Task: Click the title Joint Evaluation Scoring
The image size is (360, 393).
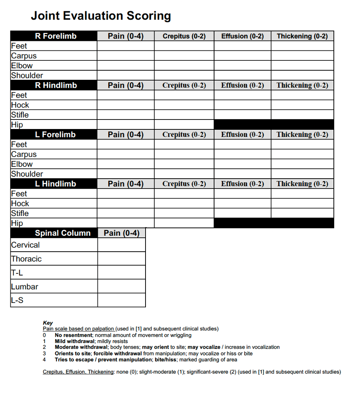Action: pos(101,16)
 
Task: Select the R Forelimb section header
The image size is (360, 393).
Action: pos(56,36)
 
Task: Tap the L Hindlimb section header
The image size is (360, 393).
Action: pos(56,184)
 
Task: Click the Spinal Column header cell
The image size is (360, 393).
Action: pos(63,233)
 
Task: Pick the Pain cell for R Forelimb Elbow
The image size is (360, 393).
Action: pos(126,65)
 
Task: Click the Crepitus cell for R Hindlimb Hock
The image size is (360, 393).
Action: pos(184,105)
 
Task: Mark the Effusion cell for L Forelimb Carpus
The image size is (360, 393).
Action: pos(242,154)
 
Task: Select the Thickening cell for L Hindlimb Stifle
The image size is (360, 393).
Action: pos(302,213)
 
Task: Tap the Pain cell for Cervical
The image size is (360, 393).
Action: pos(121,245)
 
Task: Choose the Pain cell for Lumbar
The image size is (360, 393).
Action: pos(121,286)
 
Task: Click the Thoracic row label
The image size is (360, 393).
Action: pos(26,259)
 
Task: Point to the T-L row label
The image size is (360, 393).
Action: pos(17,273)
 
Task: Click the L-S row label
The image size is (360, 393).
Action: pos(17,300)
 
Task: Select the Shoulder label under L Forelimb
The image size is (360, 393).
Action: pos(27,174)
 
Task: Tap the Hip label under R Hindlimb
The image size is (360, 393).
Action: pos(17,125)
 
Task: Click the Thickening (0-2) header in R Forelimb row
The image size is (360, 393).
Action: pos(302,36)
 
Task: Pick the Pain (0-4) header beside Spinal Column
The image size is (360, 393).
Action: pos(121,233)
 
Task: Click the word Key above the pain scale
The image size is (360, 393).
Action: pos(48,323)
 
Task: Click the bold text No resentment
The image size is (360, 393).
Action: pos(73,335)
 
